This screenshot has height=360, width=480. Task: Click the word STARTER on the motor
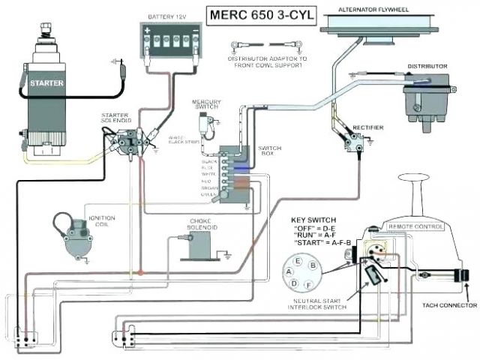point(46,82)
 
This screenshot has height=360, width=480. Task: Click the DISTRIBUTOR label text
point(427,66)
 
